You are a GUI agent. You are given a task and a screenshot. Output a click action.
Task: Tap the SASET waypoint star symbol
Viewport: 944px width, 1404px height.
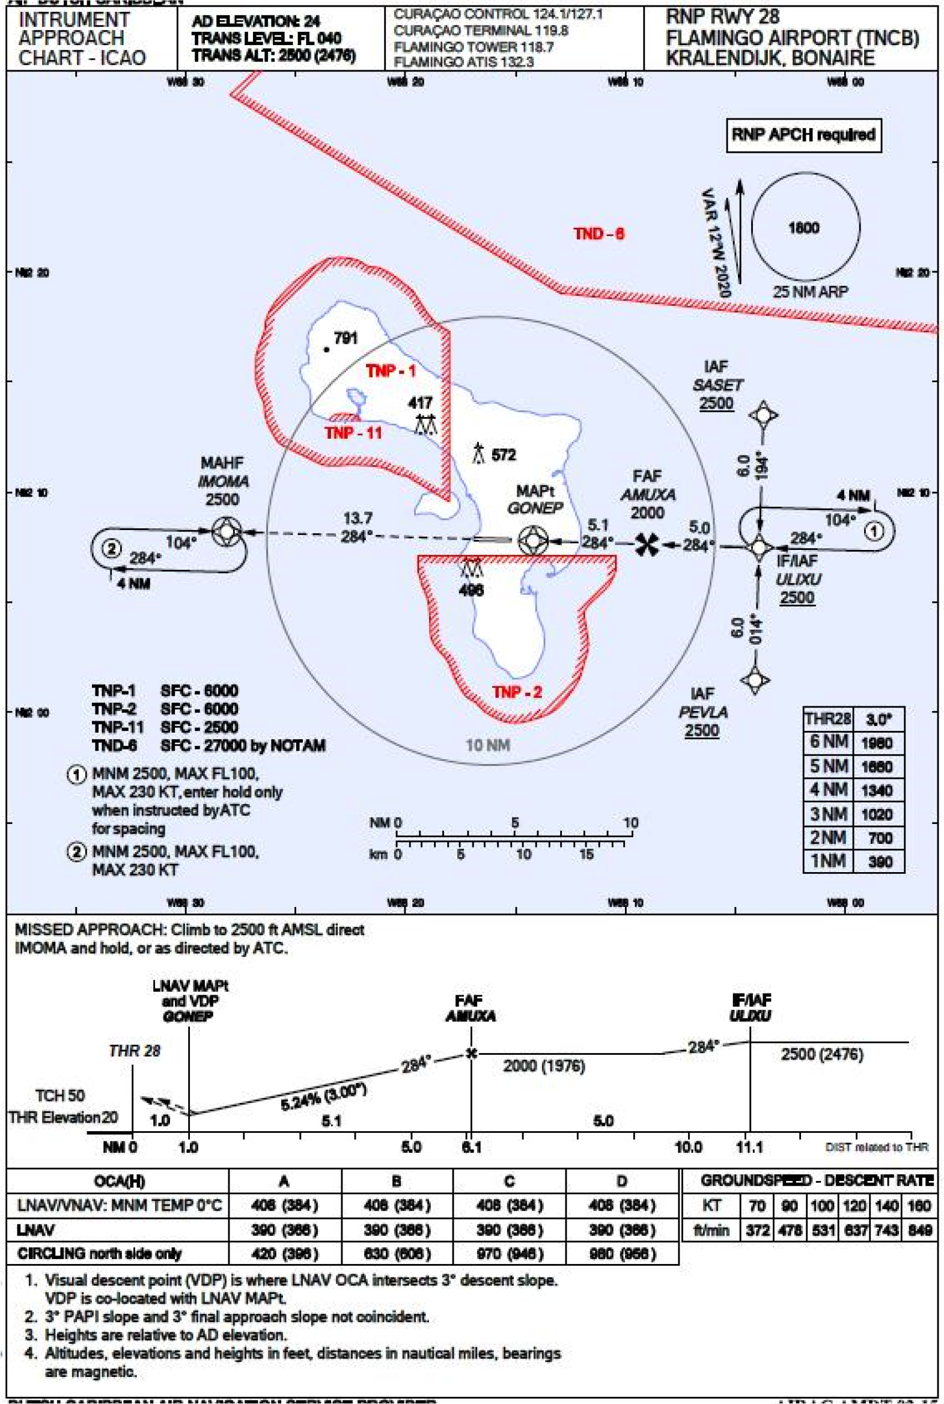pyautogui.click(x=763, y=415)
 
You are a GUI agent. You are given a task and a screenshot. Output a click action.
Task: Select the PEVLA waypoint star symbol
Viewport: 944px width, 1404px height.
pyautogui.click(x=755, y=680)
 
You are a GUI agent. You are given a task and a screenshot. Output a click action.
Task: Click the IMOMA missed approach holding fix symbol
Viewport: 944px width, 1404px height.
pyautogui.click(x=227, y=532)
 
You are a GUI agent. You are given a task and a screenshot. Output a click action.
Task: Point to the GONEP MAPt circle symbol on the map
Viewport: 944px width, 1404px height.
pyautogui.click(x=533, y=540)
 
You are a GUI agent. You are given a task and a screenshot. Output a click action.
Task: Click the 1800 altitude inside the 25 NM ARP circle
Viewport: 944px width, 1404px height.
pyautogui.click(x=804, y=228)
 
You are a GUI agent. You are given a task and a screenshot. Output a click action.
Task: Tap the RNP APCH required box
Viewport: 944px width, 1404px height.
pyautogui.click(x=803, y=135)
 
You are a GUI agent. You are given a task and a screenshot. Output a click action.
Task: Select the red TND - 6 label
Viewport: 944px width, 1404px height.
pyautogui.click(x=598, y=234)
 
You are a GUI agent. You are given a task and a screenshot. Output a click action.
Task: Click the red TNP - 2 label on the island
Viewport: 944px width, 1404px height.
pyautogui.click(x=517, y=692)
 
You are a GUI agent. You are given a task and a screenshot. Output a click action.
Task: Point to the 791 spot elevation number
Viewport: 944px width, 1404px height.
pyautogui.click(x=346, y=338)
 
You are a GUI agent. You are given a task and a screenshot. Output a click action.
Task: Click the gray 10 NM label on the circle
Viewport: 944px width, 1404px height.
pyautogui.click(x=488, y=745)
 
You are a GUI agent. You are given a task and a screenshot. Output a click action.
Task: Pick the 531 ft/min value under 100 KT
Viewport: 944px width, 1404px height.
pyautogui.click(x=822, y=1230)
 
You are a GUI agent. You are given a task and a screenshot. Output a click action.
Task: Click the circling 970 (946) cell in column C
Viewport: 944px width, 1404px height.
pyautogui.click(x=509, y=1254)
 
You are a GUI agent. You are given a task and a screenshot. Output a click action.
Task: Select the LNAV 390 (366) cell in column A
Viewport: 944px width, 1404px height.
pyautogui.click(x=284, y=1230)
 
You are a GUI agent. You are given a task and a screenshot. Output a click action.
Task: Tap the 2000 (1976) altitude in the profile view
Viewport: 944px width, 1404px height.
pyautogui.click(x=544, y=1066)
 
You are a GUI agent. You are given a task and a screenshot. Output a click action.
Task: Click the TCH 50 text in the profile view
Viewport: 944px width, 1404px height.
pyautogui.click(x=59, y=1095)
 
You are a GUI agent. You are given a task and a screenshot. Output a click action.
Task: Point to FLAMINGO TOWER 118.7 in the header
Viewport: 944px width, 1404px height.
pyautogui.click(x=474, y=46)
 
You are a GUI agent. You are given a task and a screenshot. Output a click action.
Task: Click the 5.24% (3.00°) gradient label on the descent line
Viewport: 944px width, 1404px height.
pyautogui.click(x=323, y=1098)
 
